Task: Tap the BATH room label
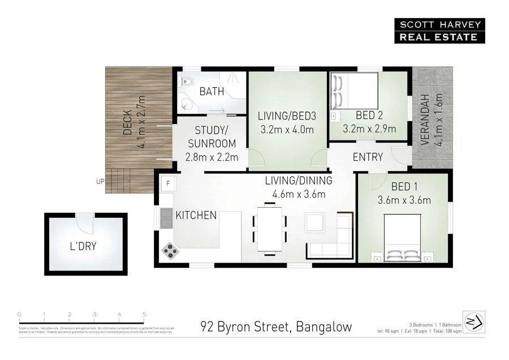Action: click(x=212, y=91)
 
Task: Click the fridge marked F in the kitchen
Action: click(x=167, y=183)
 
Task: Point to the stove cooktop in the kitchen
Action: click(x=170, y=250)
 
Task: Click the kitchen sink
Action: click(x=166, y=217)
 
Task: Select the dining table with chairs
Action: click(x=269, y=229)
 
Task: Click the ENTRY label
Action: click(x=368, y=157)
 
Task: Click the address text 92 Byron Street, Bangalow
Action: click(x=277, y=327)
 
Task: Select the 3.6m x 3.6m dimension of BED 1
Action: click(x=404, y=200)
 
